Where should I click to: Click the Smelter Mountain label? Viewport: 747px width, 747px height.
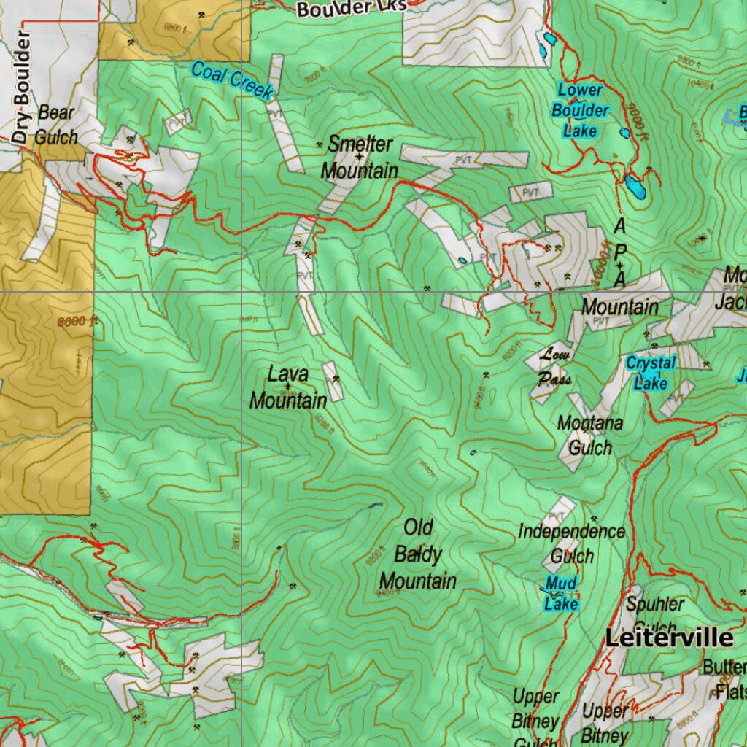360,157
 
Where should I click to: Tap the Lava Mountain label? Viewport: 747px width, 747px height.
288,387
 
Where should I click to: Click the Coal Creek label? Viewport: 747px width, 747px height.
232,80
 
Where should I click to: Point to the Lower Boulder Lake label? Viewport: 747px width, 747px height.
580,111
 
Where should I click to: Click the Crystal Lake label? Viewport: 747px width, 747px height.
651,372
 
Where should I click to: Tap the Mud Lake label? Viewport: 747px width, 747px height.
561,593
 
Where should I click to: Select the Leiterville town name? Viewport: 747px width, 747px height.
669,638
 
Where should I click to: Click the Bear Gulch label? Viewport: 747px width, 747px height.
55,124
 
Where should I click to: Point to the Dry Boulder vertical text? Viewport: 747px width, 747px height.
23,88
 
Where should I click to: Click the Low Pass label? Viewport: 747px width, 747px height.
556,367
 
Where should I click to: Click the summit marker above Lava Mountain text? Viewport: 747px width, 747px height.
288,386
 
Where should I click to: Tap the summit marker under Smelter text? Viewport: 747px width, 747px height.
359,157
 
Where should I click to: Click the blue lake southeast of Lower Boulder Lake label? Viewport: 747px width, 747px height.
635,188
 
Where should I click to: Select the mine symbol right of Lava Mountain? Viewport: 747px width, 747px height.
336,379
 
